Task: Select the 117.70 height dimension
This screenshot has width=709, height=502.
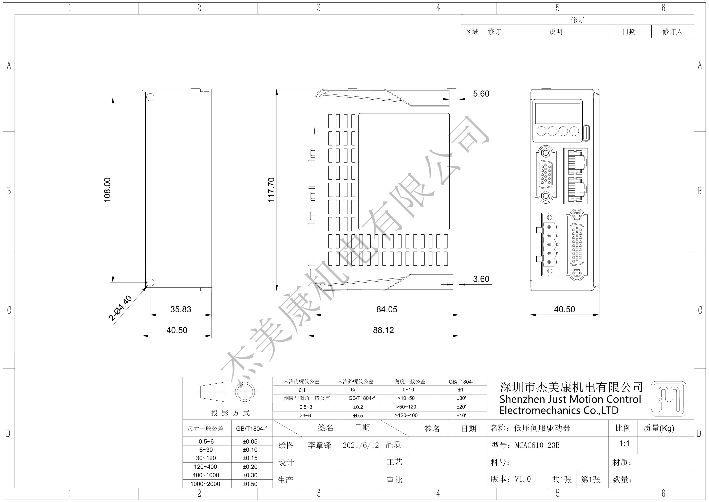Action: [x=271, y=190]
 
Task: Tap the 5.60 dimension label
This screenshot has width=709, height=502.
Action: [x=481, y=94]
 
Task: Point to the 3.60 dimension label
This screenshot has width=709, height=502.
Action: [x=481, y=279]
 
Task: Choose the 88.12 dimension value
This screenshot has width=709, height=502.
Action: [x=383, y=330]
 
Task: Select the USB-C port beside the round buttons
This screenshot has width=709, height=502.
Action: [x=586, y=133]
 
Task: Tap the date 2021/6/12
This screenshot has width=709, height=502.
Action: [x=361, y=446]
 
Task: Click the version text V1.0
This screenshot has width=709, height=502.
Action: [x=522, y=479]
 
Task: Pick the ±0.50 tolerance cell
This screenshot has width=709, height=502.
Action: [x=250, y=484]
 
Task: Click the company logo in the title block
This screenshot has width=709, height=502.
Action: [x=669, y=399]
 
